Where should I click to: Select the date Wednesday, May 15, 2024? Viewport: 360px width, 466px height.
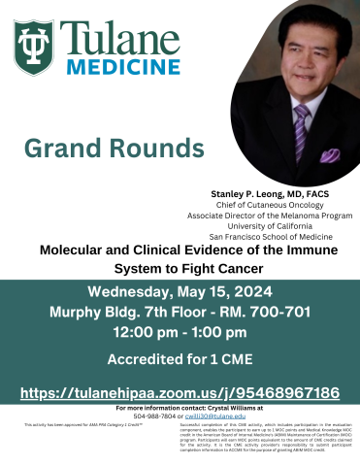(x=180, y=294)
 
